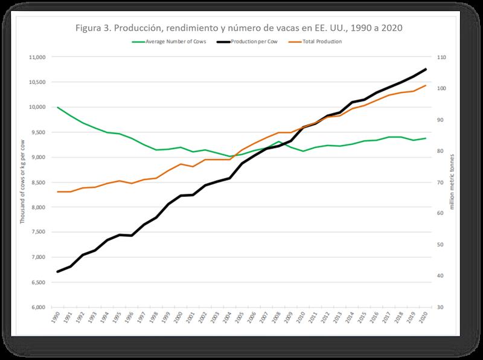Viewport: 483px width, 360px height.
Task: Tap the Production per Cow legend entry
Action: (254, 42)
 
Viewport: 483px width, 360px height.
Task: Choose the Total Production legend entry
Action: (321, 42)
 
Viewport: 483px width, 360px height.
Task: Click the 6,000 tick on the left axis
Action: (38, 307)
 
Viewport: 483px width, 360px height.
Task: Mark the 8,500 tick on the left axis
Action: (38, 182)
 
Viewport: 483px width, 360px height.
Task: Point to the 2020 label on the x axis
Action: (426, 318)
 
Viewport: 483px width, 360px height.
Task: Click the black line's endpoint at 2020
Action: (426, 69)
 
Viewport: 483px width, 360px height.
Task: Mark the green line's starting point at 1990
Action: (58, 108)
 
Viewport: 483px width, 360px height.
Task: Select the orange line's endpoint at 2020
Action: (426, 85)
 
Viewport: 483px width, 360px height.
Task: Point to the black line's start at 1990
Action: (58, 272)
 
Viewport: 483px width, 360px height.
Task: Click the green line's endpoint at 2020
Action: (426, 138)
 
